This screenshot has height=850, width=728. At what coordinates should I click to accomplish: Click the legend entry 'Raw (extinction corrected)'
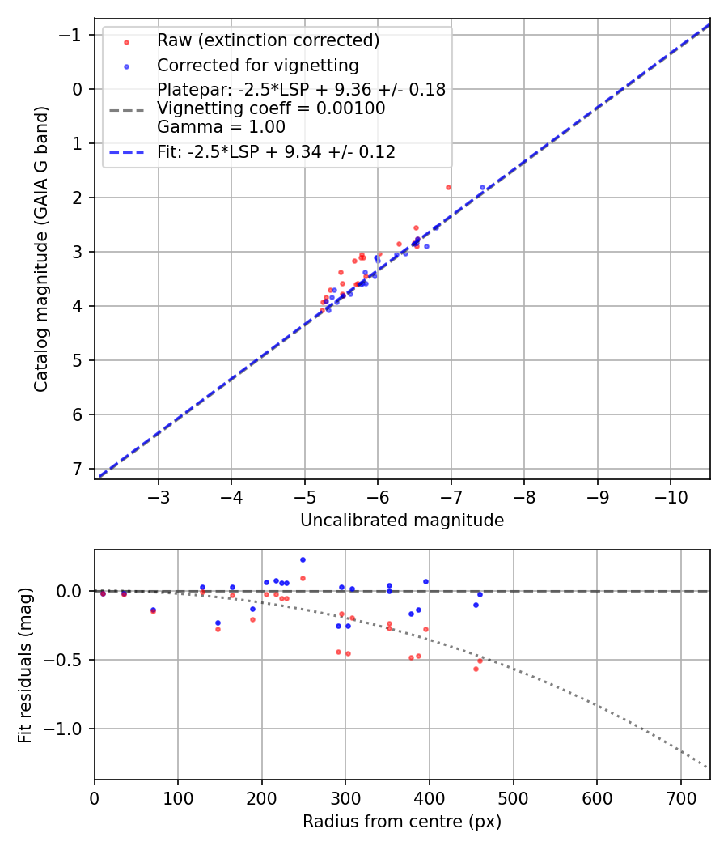click(268, 40)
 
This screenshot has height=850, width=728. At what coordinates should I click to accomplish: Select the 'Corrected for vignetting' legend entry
click(257, 65)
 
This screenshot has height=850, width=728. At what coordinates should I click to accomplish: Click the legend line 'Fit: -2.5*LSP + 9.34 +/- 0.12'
click(276, 151)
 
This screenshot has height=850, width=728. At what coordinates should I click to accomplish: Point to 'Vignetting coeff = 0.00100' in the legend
click(271, 108)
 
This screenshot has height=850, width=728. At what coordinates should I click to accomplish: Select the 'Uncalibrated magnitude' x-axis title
click(402, 521)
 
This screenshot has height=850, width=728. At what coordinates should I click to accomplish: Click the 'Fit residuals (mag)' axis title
click(25, 665)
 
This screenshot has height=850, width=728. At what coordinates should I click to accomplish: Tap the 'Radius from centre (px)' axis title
click(402, 822)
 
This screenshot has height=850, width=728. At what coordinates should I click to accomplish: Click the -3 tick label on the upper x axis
click(159, 495)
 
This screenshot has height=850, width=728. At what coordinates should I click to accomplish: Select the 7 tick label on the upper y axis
click(77, 469)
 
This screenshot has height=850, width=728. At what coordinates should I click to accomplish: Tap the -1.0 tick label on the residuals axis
click(67, 729)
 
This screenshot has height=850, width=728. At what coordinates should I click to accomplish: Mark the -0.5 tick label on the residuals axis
click(67, 660)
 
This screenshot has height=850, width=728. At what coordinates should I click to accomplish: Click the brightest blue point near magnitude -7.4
click(482, 187)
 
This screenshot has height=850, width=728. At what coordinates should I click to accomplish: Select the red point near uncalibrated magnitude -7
click(448, 187)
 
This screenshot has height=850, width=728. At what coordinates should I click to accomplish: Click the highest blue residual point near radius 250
click(303, 559)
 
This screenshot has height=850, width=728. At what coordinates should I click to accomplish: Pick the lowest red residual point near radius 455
click(476, 669)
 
